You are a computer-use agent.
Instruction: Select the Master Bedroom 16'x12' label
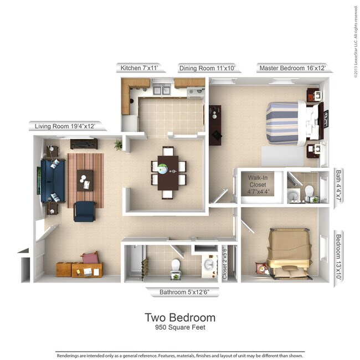tap(291, 68)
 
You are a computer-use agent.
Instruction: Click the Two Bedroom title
tap(180, 318)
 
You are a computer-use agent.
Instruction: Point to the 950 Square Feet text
tap(180, 328)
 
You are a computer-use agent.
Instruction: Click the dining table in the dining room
tap(168, 172)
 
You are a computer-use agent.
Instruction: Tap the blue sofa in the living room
tap(53, 180)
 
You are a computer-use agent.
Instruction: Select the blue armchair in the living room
tap(84, 211)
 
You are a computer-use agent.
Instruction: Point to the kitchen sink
tap(161, 89)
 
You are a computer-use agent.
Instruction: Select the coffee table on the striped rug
tap(85, 179)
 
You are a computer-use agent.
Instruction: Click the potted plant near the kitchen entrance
tap(118, 145)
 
